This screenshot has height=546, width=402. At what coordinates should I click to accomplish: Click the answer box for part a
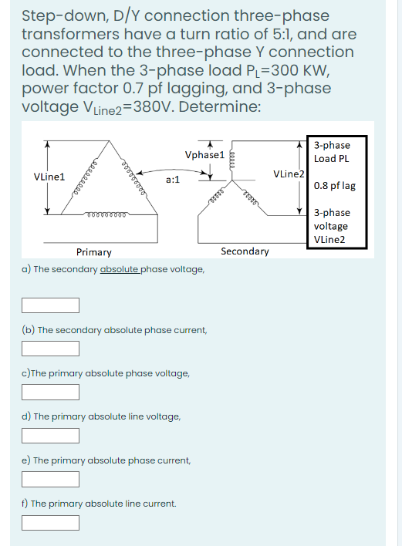click(x=51, y=305)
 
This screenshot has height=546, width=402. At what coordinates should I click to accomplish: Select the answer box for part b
click(x=51, y=349)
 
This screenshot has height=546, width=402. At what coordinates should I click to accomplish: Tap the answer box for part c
click(x=51, y=392)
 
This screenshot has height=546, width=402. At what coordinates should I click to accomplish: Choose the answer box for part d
click(x=51, y=436)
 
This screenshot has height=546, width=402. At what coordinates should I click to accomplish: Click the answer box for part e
click(x=51, y=479)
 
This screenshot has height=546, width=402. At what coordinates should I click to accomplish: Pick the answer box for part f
click(x=51, y=522)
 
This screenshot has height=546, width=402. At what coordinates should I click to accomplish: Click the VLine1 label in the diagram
click(x=49, y=177)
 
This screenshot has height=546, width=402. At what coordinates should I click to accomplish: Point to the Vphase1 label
click(x=204, y=155)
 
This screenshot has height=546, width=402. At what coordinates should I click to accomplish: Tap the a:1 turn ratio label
click(x=173, y=180)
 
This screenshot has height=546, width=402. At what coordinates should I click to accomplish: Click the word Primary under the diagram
click(x=93, y=252)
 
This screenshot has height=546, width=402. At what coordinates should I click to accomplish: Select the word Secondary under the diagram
click(x=245, y=251)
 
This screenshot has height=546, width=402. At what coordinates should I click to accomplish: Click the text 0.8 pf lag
click(x=335, y=186)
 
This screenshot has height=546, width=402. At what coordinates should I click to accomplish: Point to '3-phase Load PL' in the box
click(x=333, y=152)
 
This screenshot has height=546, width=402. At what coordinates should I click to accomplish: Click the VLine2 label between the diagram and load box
click(x=289, y=174)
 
